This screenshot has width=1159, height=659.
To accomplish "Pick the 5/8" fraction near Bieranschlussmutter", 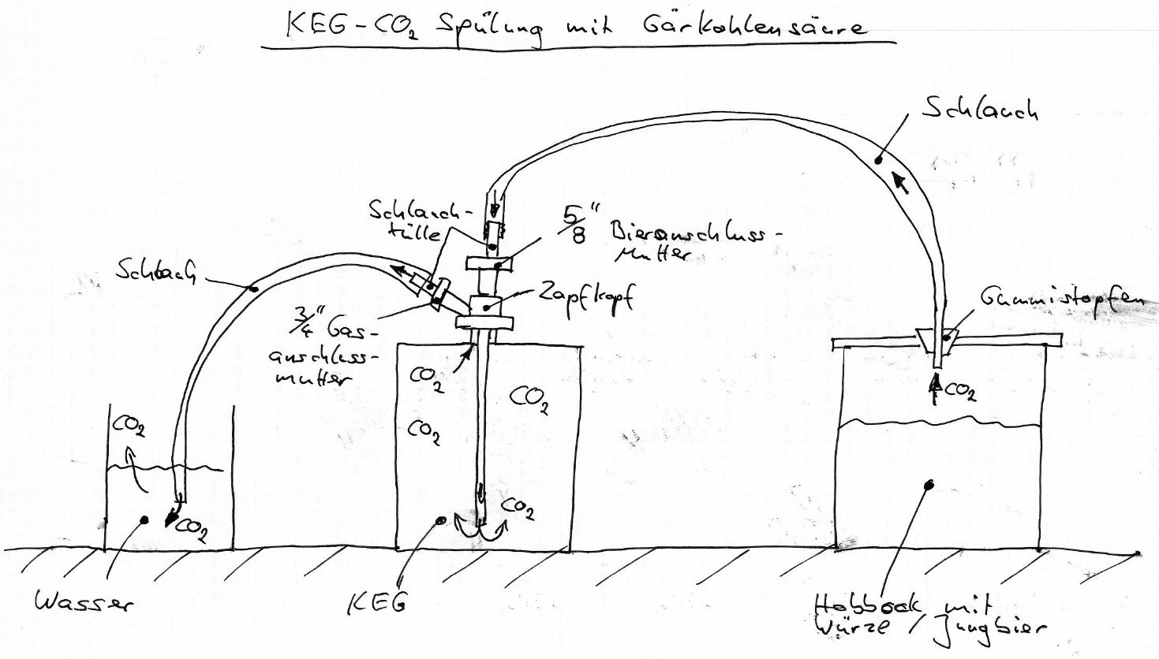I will coord(579,225).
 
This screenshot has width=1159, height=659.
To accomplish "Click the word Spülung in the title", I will coord(488,30).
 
